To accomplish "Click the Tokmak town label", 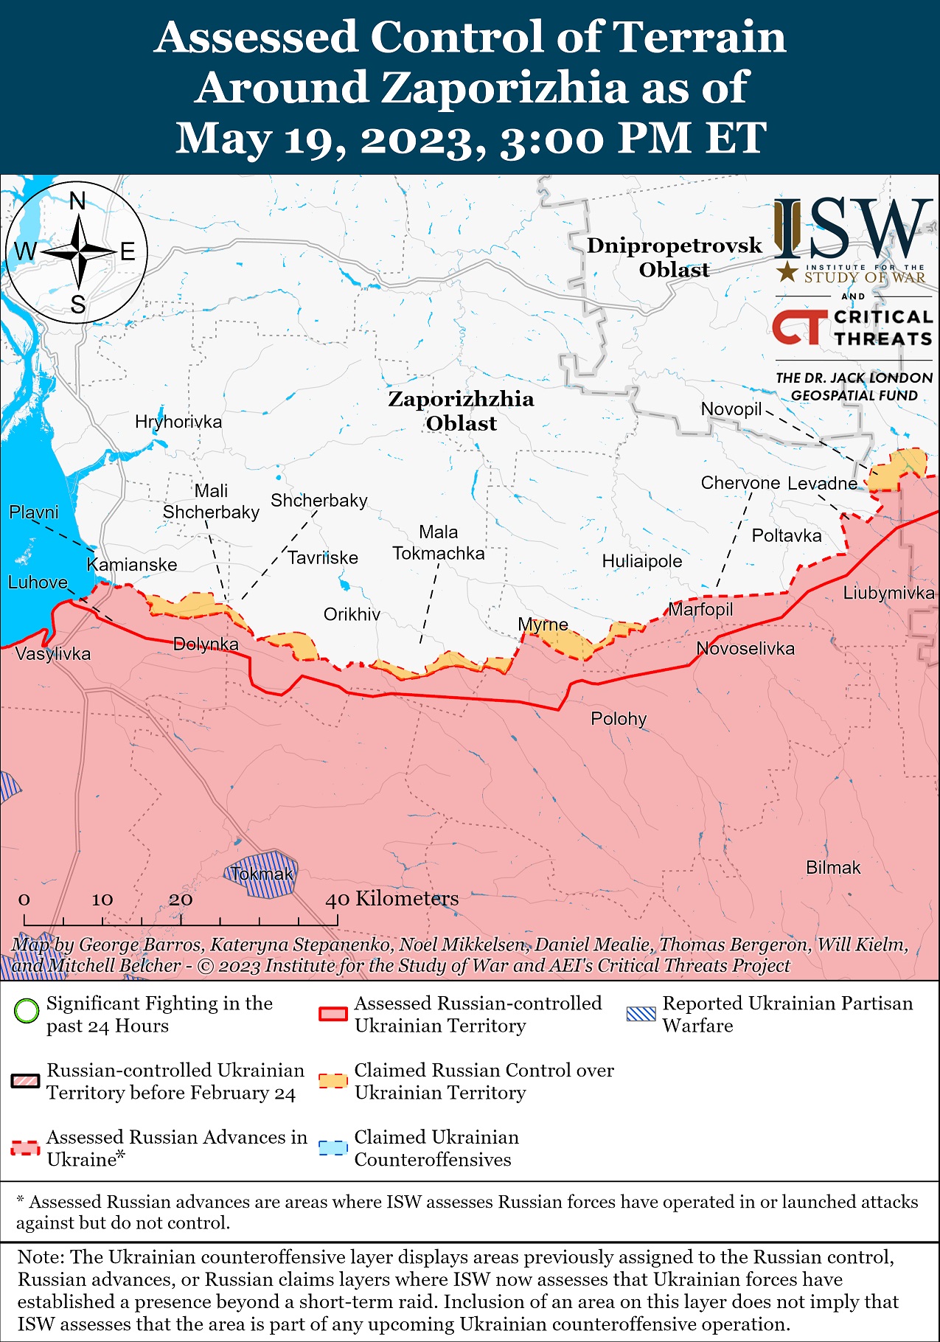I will [262, 875].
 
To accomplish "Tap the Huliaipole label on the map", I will [642, 562].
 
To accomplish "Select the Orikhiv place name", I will [352, 614].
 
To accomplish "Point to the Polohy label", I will [619, 719].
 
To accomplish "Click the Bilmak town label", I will [833, 868].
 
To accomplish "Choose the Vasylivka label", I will [53, 654].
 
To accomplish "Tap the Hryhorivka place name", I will [178, 422].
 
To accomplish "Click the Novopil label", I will [731, 409].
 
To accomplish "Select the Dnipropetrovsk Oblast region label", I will [674, 257].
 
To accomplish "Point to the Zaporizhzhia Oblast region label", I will [461, 411].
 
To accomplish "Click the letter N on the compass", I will [77, 201].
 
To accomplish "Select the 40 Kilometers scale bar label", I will [392, 899].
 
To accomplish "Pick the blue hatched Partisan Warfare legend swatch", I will [640, 1014].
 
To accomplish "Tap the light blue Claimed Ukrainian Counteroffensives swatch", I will [332, 1148].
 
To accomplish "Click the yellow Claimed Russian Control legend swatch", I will [332, 1081].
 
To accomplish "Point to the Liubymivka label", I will [888, 593].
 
